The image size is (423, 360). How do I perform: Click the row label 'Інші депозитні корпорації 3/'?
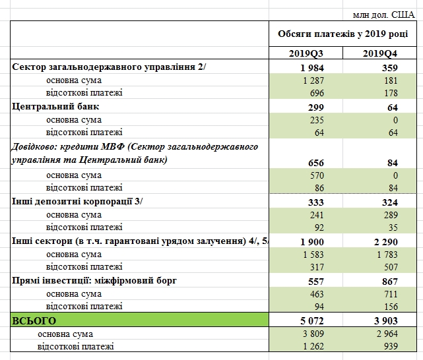[73, 201]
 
